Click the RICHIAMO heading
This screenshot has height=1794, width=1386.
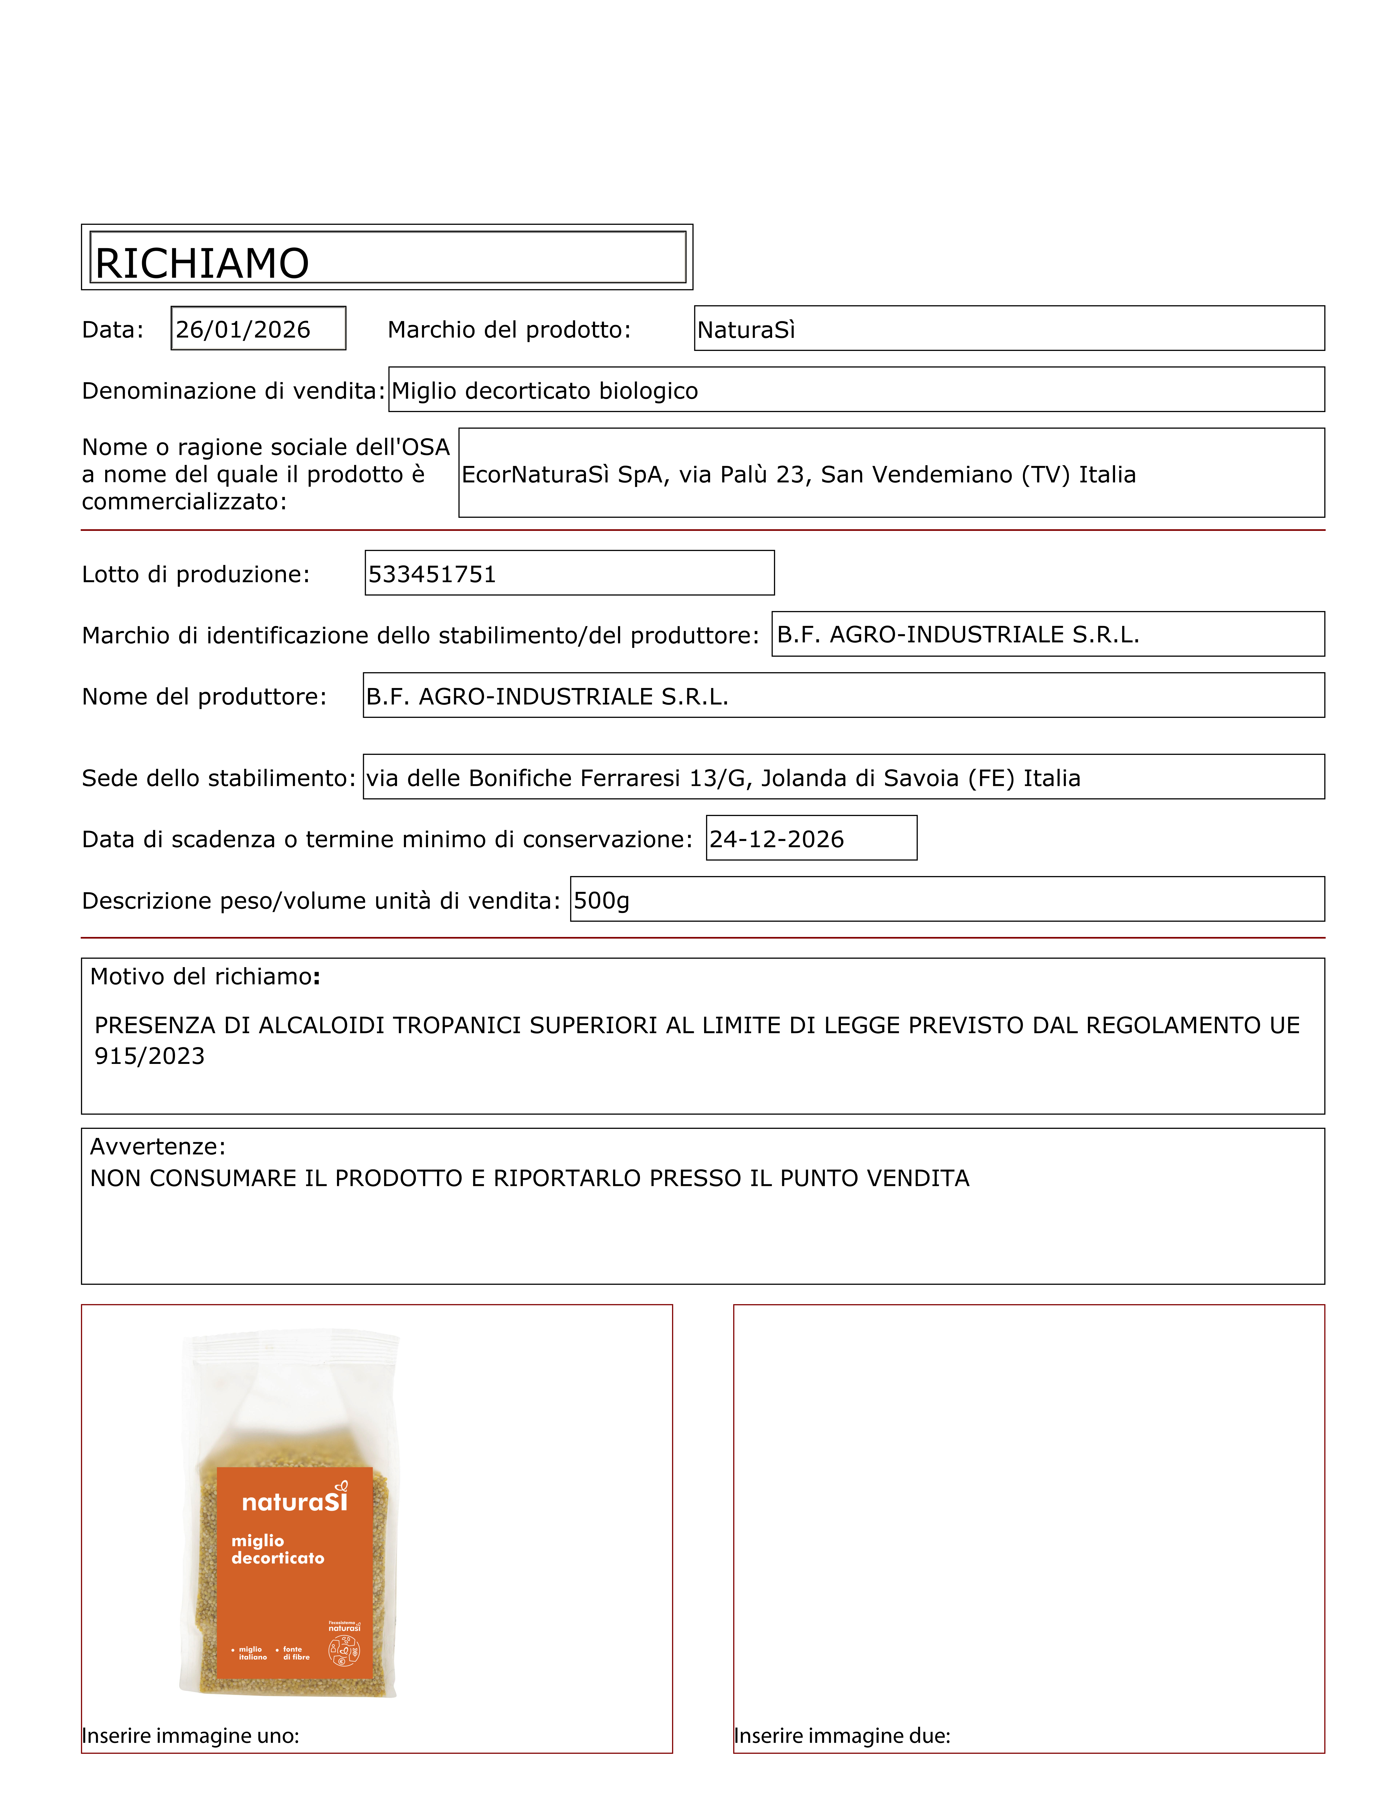[x=202, y=264]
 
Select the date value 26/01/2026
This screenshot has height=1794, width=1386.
[x=243, y=329]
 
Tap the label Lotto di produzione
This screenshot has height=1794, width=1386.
[x=195, y=574]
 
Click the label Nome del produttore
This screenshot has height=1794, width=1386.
[x=204, y=697]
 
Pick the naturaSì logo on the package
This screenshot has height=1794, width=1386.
[x=295, y=1501]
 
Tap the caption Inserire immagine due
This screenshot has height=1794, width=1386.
[x=842, y=1736]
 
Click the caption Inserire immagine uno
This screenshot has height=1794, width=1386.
[x=191, y=1736]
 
